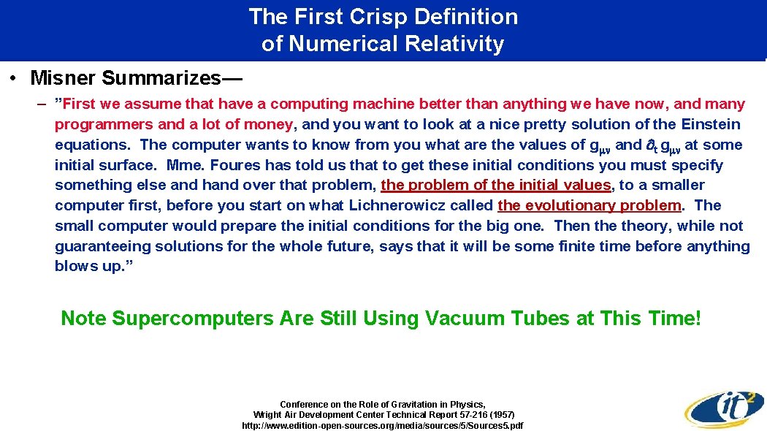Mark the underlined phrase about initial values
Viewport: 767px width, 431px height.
click(x=495, y=186)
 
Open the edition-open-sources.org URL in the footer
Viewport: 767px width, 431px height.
click(x=383, y=425)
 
